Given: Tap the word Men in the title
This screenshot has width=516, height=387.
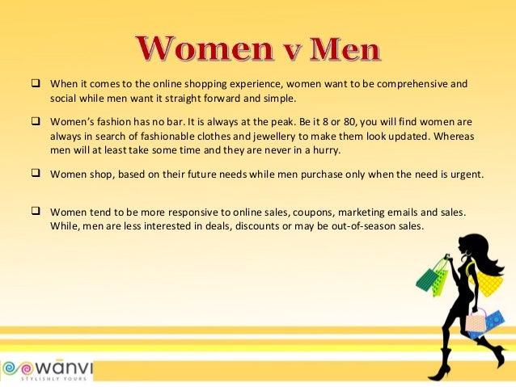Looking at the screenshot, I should coord(339,50).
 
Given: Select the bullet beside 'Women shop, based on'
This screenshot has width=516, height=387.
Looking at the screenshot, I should coord(36,172).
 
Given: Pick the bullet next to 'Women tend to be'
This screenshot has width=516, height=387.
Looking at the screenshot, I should coord(36,211).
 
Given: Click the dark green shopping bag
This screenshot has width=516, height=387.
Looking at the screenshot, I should coord(427,279).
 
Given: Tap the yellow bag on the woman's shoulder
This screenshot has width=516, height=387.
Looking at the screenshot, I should coord(490,283).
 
